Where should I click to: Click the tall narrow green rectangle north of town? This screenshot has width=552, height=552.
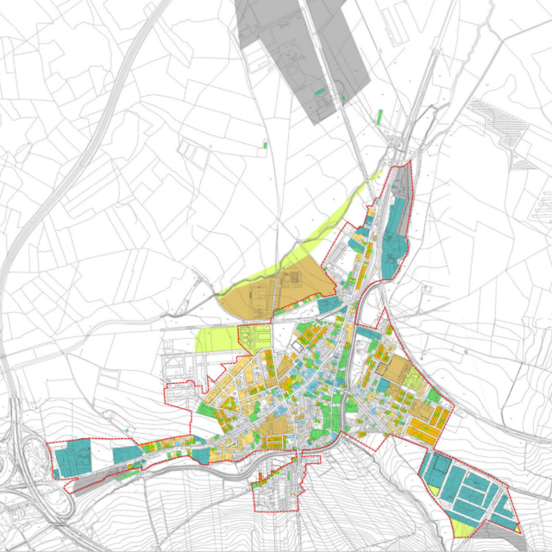[x=380, y=115]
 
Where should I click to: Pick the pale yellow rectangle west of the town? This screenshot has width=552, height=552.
[x=216, y=339]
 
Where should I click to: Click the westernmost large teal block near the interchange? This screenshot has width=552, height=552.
[x=72, y=458]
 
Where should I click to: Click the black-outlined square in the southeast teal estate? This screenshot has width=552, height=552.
[x=441, y=470]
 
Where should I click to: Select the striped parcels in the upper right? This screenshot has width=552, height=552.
[x=500, y=125]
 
